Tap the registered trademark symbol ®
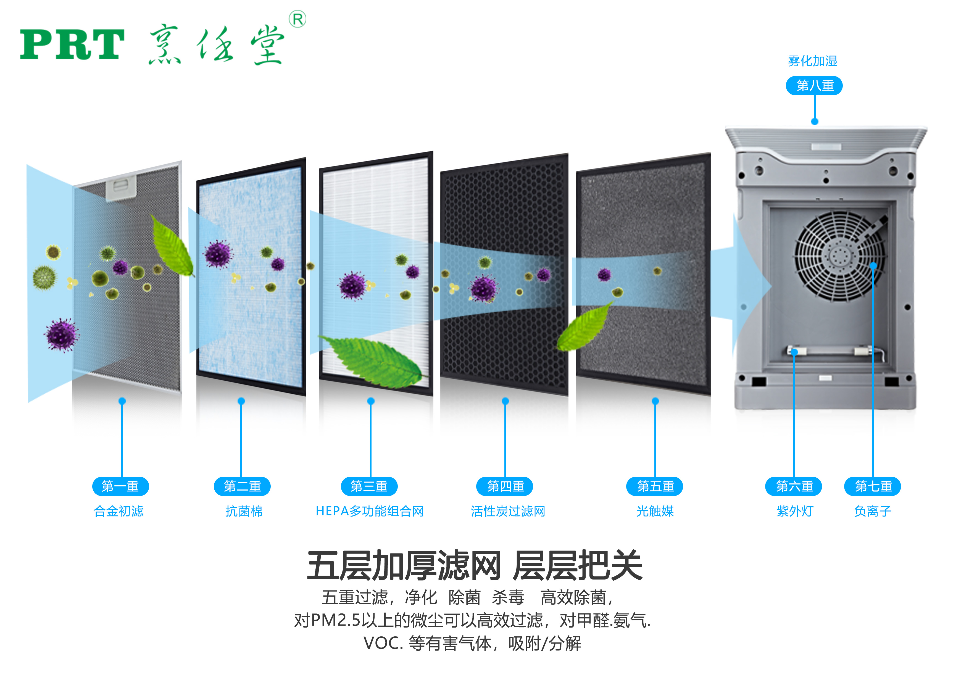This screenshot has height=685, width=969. pyautogui.click(x=297, y=19)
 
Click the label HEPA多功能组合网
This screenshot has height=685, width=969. pyautogui.click(x=370, y=511)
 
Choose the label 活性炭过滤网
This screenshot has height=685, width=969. pyautogui.click(x=508, y=511)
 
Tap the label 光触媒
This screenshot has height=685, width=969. pyautogui.click(x=655, y=511)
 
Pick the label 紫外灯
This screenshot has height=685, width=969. pyautogui.click(x=795, y=511)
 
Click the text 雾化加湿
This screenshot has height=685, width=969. pyautogui.click(x=812, y=61)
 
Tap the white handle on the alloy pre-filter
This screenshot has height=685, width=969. pyautogui.click(x=121, y=188)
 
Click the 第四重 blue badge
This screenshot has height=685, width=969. pyautogui.click(x=505, y=486)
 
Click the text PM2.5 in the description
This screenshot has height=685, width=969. pyautogui.click(x=336, y=620)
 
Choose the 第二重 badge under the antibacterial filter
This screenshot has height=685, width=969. pyautogui.click(x=242, y=486)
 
